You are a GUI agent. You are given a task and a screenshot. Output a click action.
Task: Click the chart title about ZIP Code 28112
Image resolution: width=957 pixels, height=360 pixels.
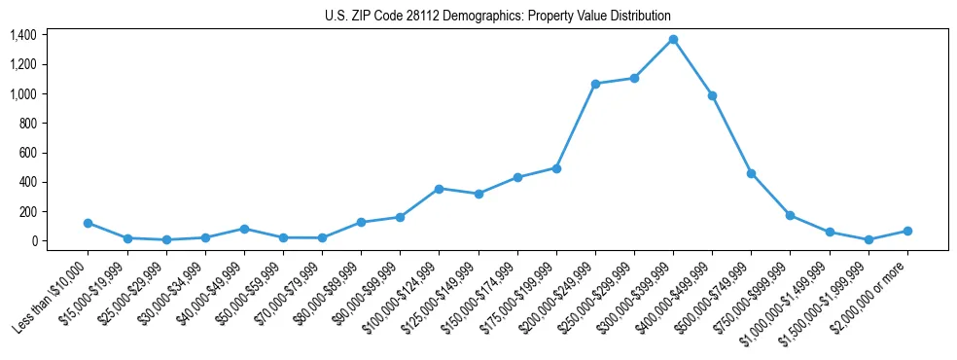click(x=497, y=16)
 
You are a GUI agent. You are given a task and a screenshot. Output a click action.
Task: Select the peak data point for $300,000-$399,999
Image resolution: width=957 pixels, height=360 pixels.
click(x=673, y=39)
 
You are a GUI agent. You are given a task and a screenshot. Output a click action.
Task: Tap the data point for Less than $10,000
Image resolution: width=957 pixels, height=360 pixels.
click(x=89, y=223)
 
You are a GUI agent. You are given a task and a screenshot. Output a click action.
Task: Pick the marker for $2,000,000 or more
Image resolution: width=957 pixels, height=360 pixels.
click(x=907, y=231)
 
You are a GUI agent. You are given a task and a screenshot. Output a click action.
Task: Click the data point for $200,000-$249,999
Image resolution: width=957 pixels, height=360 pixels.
click(x=595, y=84)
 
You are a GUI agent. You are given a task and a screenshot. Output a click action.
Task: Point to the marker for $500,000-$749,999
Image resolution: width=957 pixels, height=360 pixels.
click(x=751, y=173)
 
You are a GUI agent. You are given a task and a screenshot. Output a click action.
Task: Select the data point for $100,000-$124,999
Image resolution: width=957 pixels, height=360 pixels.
click(x=439, y=189)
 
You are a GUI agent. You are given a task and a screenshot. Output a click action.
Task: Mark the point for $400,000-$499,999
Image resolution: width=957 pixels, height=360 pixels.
click(x=712, y=95)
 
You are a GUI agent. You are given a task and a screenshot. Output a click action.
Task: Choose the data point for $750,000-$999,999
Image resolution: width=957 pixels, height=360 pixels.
click(x=790, y=215)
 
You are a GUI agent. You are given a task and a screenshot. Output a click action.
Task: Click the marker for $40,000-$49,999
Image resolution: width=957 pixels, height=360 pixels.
click(x=244, y=229)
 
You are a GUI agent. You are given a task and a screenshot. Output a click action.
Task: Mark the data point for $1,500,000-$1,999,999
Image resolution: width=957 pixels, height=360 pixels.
click(x=868, y=239)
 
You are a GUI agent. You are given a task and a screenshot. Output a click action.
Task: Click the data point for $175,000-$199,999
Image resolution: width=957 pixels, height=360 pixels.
click(x=556, y=168)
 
